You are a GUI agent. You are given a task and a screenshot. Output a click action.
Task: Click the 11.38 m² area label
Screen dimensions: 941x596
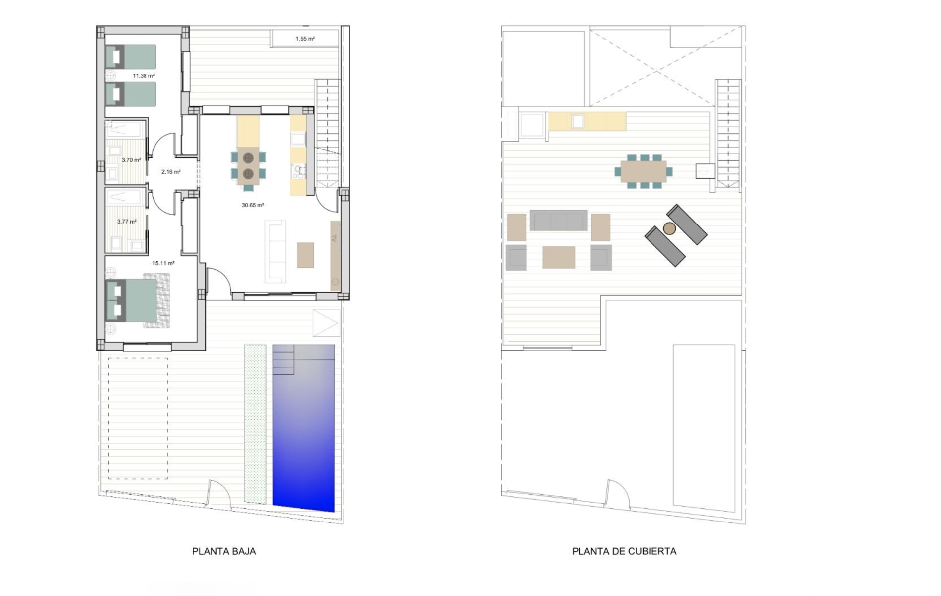click(144, 76)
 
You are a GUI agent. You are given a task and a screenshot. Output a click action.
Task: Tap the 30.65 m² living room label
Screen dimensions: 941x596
click(253, 205)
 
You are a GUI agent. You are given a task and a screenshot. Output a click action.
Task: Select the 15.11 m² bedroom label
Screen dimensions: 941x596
click(163, 263)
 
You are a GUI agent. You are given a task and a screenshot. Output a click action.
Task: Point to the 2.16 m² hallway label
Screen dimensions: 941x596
click(171, 172)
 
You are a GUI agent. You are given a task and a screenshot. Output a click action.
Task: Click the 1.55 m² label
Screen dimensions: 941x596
click(305, 39)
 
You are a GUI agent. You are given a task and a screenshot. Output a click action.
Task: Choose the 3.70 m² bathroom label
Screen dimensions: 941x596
click(131, 160)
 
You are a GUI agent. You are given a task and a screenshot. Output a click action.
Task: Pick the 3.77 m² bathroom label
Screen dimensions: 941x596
click(127, 222)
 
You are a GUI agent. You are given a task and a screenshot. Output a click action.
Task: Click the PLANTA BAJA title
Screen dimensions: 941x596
click(224, 551)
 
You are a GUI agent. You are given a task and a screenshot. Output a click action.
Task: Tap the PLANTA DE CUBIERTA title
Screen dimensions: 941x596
click(624, 551)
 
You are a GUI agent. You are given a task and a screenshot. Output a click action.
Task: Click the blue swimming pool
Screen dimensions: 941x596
click(303, 427)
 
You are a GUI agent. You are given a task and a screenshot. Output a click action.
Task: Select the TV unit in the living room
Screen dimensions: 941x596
click(335, 255)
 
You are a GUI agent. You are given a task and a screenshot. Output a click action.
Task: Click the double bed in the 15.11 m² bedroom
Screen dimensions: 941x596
click(138, 300)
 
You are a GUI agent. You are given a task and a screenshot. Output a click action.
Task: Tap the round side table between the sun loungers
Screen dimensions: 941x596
click(670, 228)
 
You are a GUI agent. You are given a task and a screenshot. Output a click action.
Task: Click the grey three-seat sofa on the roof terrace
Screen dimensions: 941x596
click(559, 220)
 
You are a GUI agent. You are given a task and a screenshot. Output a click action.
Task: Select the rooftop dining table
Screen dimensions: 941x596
click(644, 171)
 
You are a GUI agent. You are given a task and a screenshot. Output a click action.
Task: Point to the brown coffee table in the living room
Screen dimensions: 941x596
click(305, 255)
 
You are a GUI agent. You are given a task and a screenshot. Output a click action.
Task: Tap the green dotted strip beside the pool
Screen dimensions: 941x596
click(255, 424)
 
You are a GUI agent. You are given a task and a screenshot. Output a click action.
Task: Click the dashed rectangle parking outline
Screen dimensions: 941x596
click(138, 418)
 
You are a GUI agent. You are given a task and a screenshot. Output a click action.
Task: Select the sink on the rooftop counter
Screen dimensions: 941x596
click(578, 121)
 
